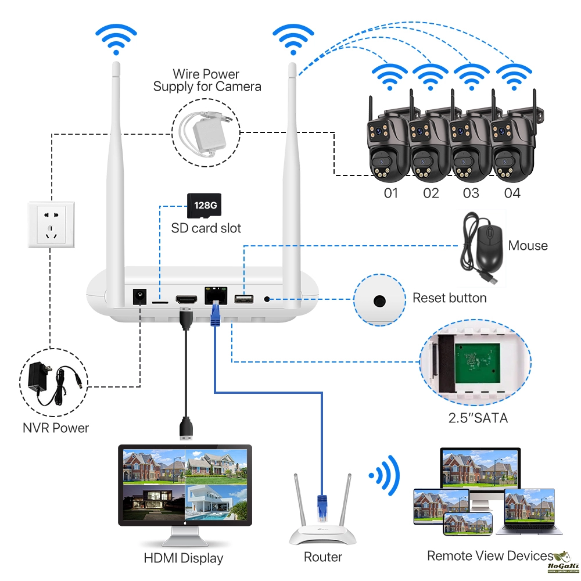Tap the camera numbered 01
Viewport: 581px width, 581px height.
tap(388, 142)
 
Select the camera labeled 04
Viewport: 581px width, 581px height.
tap(510, 142)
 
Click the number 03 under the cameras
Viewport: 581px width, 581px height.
tap(471, 192)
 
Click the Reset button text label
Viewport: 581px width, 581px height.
tap(449, 298)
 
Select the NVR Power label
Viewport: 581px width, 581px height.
tap(56, 428)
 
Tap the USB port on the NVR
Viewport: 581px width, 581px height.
tap(243, 299)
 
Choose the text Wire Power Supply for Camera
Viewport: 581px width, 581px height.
tap(207, 80)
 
